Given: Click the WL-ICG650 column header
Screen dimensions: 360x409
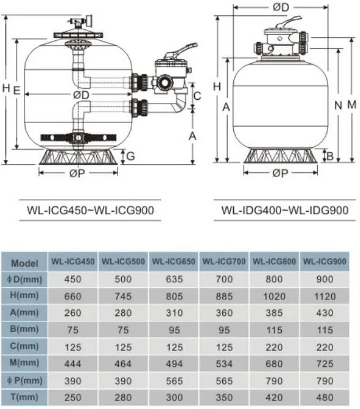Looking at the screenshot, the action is click(x=173, y=261).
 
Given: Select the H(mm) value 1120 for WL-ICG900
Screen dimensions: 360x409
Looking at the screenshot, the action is click(x=324, y=296).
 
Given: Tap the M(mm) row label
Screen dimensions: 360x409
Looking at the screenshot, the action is click(x=24, y=362).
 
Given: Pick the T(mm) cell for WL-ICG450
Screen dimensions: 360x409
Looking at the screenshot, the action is click(x=73, y=397).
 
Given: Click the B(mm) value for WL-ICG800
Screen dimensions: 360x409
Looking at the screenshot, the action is click(x=274, y=330).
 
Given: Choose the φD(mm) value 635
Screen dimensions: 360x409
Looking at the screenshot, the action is click(x=174, y=279).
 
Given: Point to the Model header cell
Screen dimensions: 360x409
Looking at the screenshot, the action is click(x=24, y=263).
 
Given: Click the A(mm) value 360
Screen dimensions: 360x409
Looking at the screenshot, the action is click(x=224, y=313).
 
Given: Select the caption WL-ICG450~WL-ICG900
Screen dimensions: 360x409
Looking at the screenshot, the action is click(x=90, y=210).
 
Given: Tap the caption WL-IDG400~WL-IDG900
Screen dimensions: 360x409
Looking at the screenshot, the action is click(x=285, y=210).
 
